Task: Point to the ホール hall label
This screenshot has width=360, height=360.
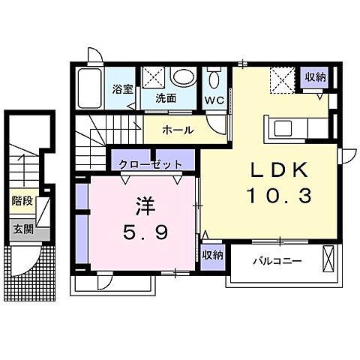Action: [178, 130]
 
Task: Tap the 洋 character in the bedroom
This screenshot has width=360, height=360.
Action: [144, 203]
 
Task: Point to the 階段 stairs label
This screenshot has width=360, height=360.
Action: [21, 201]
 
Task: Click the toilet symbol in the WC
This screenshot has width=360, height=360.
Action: [214, 79]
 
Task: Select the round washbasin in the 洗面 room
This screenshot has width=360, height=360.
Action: [181, 76]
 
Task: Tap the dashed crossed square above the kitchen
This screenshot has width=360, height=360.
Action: [282, 77]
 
